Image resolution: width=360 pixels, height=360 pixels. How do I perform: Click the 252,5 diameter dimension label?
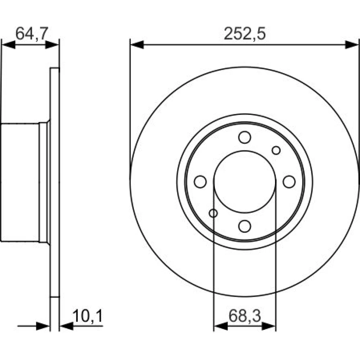pyautogui.click(x=244, y=34)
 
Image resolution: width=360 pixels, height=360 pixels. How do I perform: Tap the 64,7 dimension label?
pyautogui.click(x=32, y=33)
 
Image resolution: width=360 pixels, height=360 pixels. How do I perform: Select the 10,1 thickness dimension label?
pyautogui.click(x=88, y=316)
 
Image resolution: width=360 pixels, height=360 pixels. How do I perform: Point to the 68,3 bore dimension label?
pyautogui.click(x=245, y=316)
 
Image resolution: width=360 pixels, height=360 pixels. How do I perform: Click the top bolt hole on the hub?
pyautogui.click(x=244, y=137)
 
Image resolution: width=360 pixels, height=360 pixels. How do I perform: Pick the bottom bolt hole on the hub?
pyautogui.click(x=244, y=226)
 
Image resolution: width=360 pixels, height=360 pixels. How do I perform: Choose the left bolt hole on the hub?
pyautogui.click(x=200, y=182)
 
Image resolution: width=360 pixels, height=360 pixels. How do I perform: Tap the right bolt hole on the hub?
pyautogui.click(x=289, y=182)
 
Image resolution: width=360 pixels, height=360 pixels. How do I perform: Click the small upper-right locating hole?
pyautogui.click(x=276, y=150)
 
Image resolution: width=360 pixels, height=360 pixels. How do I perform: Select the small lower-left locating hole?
pyautogui.click(x=213, y=213)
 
